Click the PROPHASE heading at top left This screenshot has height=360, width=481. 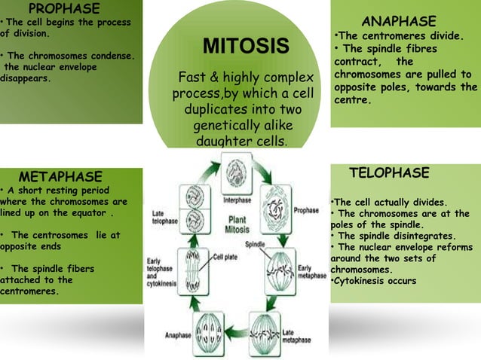pos(63,9)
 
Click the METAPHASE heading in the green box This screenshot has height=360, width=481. pos(60,176)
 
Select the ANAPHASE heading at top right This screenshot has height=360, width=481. pos(399,20)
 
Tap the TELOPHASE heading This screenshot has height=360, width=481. pos(389,173)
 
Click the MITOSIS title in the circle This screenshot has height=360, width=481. pos(246,47)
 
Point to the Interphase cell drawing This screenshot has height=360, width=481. pos(235,171)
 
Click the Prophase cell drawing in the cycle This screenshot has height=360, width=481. pos(275,203)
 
